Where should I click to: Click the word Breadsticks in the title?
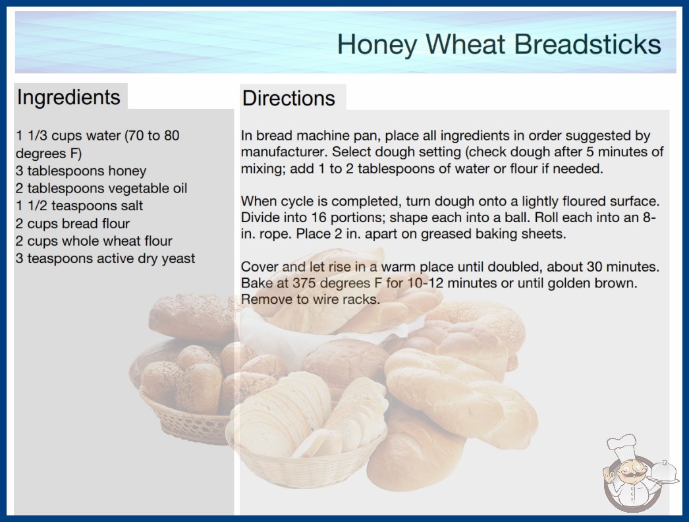[587, 44]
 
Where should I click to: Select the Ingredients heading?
[69, 98]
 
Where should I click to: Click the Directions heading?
[289, 98]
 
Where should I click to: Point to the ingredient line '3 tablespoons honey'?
[81, 171]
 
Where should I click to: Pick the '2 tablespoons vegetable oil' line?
[101, 188]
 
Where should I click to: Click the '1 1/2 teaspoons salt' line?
[80, 206]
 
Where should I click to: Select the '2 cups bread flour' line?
[73, 223]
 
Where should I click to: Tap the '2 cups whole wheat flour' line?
[94, 241]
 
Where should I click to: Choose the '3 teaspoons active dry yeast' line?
[105, 258]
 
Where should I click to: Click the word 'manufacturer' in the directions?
[285, 152]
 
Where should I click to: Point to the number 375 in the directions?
[304, 283]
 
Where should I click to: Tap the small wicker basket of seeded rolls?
[184, 391]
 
